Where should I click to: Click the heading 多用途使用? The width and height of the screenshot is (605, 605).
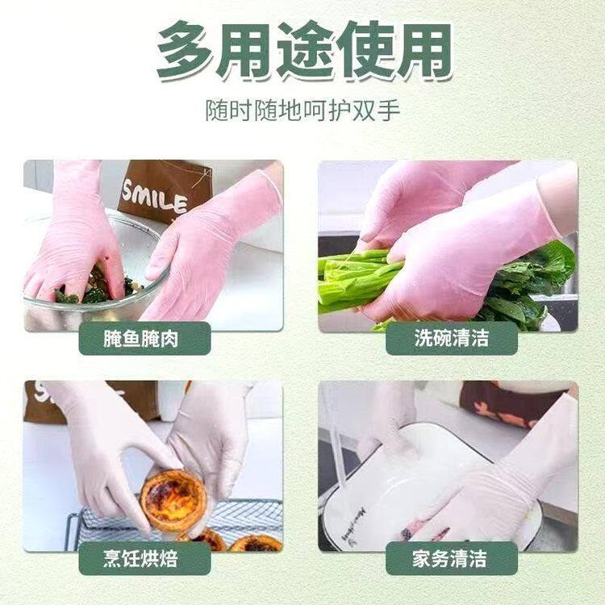(302, 52)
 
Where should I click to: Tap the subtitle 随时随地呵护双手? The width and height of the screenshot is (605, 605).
(302, 110)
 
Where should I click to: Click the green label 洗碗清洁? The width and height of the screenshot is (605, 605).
(451, 338)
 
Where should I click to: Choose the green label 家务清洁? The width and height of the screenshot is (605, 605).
(451, 558)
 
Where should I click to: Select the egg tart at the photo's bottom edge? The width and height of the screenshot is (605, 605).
(254, 543)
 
